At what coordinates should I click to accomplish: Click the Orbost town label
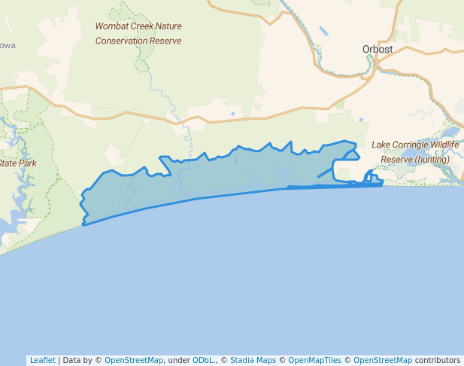tap(377, 50)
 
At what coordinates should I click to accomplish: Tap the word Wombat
tap(110, 26)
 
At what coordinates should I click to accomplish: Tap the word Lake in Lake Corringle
tap(381, 145)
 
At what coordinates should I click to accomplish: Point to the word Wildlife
tap(444, 145)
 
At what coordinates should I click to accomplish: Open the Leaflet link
tap(42, 360)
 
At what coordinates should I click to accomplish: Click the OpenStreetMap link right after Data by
tap(133, 360)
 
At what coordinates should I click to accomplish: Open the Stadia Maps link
tap(253, 360)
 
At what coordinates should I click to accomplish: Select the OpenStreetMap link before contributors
tap(382, 360)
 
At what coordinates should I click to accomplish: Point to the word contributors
tap(438, 360)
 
